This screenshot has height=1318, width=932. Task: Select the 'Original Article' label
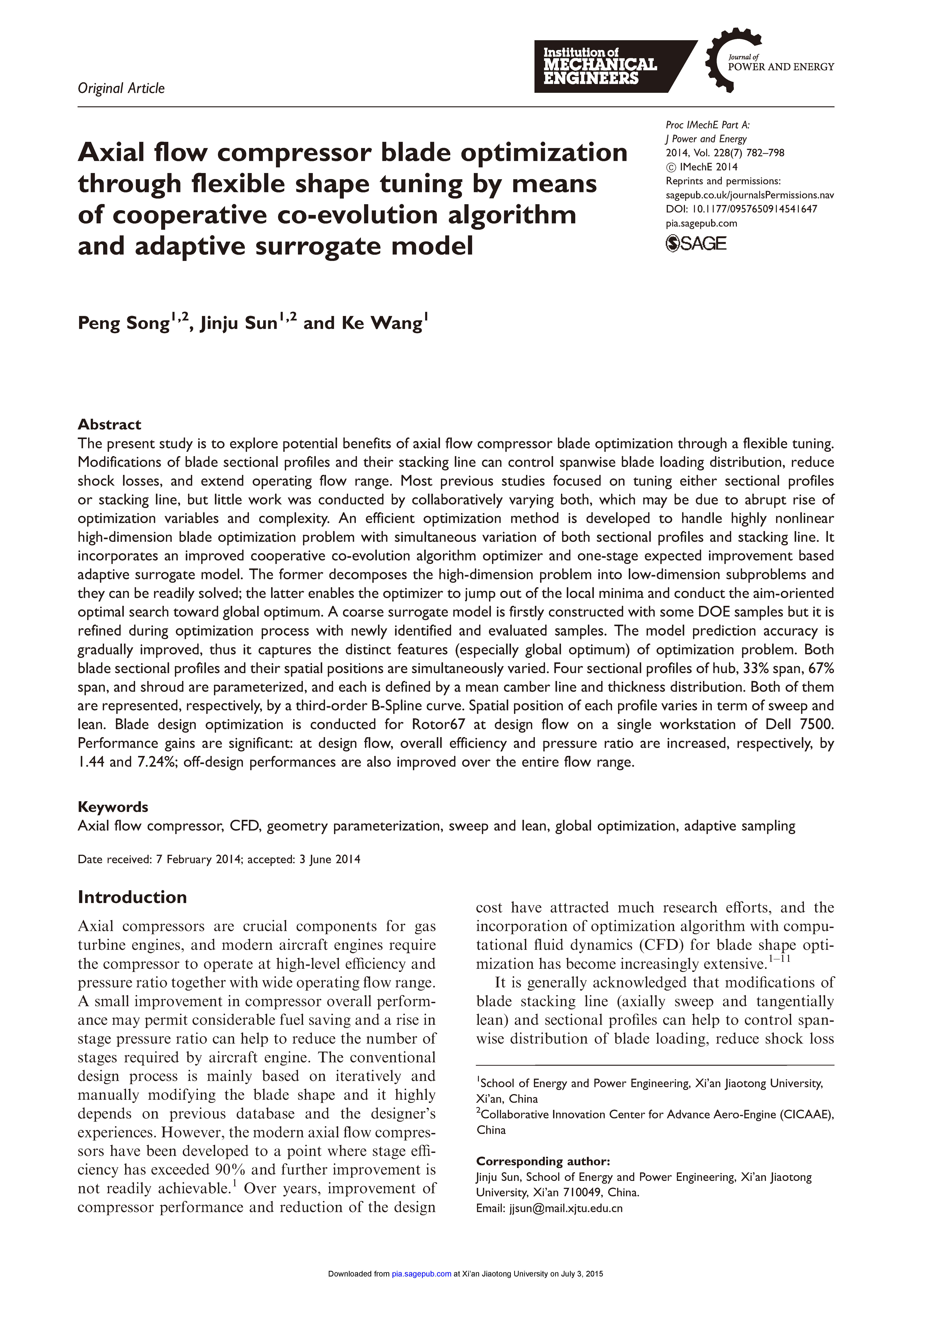click(121, 88)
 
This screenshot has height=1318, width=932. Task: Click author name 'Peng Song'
click(123, 323)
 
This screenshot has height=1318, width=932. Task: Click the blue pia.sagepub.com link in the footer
click(422, 1290)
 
